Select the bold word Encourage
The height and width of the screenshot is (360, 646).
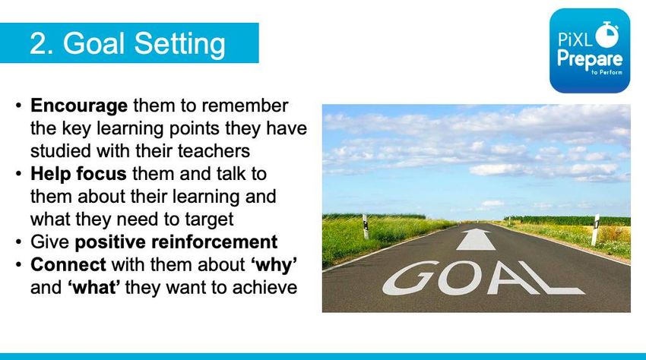(x=79, y=106)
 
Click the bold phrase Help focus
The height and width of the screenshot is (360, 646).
(x=78, y=173)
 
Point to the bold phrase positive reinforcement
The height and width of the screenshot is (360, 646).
(x=176, y=242)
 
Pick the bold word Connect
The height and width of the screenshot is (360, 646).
(x=68, y=264)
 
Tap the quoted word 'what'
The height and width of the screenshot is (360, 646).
(x=94, y=287)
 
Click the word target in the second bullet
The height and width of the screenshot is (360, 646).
(x=209, y=220)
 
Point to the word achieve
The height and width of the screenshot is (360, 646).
(x=264, y=287)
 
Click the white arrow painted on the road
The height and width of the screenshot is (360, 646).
(x=476, y=239)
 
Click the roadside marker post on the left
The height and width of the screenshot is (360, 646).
(x=365, y=226)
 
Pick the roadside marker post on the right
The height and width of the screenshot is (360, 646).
(x=595, y=230)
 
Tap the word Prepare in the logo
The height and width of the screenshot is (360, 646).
(x=590, y=59)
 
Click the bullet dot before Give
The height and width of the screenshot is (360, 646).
(x=18, y=242)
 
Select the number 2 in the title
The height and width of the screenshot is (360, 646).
(x=37, y=43)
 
